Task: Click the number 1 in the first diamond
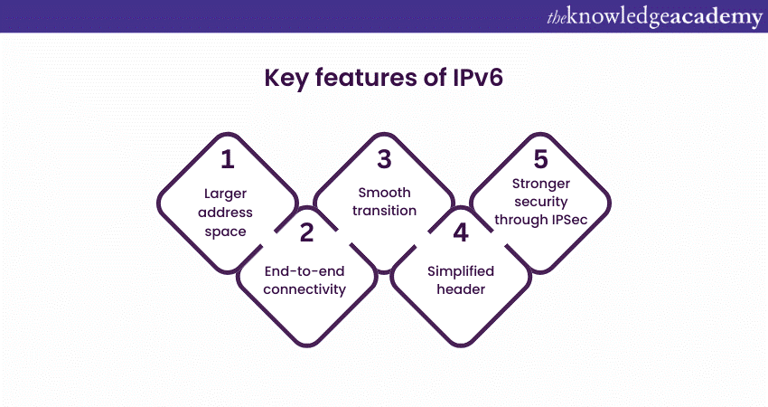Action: click(228, 160)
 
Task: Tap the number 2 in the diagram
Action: click(306, 233)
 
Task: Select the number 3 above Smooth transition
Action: click(384, 160)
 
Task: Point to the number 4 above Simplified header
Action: click(461, 233)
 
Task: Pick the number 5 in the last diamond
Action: click(540, 160)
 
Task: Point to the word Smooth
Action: click(384, 192)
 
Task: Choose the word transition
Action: click(384, 211)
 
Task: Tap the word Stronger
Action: click(540, 192)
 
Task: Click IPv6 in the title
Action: click(474, 79)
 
